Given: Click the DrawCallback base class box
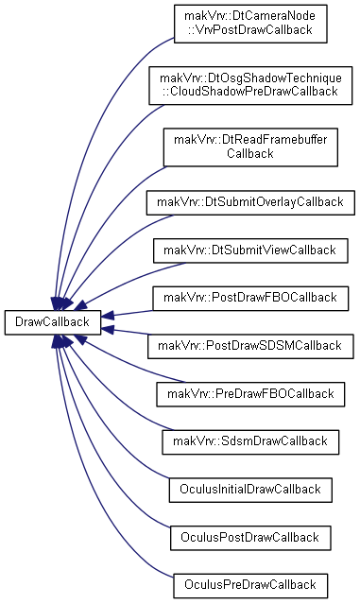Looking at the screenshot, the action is click(x=53, y=322).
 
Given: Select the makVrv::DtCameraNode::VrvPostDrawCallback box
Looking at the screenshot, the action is click(x=250, y=24).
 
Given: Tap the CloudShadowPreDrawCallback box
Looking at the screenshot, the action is click(x=250, y=85).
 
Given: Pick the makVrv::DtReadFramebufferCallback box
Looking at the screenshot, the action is click(x=250, y=147).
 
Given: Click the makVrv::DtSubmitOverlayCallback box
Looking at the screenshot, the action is click(x=250, y=202).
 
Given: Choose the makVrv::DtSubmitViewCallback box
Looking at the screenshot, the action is click(x=250, y=250).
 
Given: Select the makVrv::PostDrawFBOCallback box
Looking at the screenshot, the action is click(x=250, y=298).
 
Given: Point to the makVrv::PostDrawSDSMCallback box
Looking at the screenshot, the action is click(x=250, y=346).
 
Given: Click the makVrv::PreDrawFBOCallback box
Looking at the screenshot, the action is click(x=250, y=394).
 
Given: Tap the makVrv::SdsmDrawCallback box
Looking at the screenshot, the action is click(x=250, y=441).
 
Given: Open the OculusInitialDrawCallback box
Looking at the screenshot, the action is click(x=250, y=490).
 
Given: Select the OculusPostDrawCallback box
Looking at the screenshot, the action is click(x=250, y=538).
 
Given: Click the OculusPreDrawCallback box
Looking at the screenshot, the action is click(x=250, y=585).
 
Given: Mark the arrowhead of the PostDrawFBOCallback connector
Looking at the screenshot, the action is click(x=107, y=316).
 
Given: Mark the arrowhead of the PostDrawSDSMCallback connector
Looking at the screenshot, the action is click(x=107, y=329).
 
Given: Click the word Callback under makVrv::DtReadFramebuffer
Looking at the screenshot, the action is click(x=250, y=153).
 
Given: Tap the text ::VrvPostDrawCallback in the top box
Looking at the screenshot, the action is click(x=250, y=30).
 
